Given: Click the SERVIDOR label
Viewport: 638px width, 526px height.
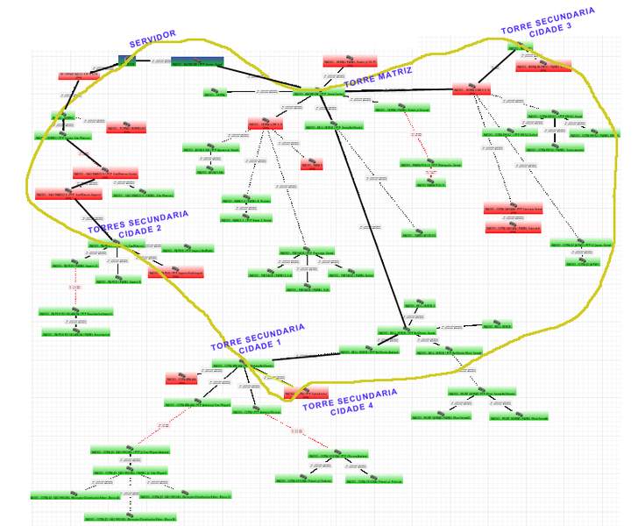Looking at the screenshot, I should click(x=152, y=39).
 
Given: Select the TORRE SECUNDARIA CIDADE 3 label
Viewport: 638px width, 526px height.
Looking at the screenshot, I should click(x=549, y=20).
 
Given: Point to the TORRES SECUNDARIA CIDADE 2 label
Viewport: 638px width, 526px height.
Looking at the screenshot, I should click(x=138, y=222).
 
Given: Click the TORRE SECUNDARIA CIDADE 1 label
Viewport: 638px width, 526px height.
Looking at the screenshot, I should click(x=259, y=338).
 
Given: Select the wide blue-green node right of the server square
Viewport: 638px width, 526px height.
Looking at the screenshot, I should click(x=196, y=62).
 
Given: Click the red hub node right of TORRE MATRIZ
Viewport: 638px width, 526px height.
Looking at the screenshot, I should click(x=477, y=89).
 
